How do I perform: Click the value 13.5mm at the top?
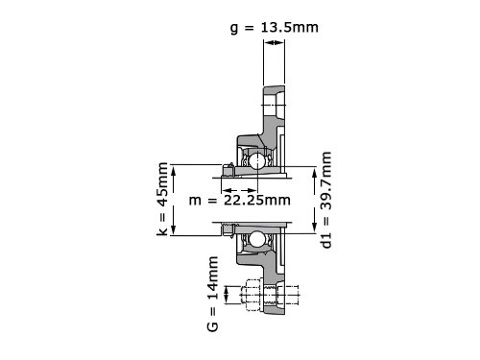coord(290,27)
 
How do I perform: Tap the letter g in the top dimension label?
coord(234,29)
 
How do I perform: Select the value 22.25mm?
coord(257,200)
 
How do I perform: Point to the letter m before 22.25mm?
coord(195,201)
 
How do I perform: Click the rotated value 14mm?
coord(213,277)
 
